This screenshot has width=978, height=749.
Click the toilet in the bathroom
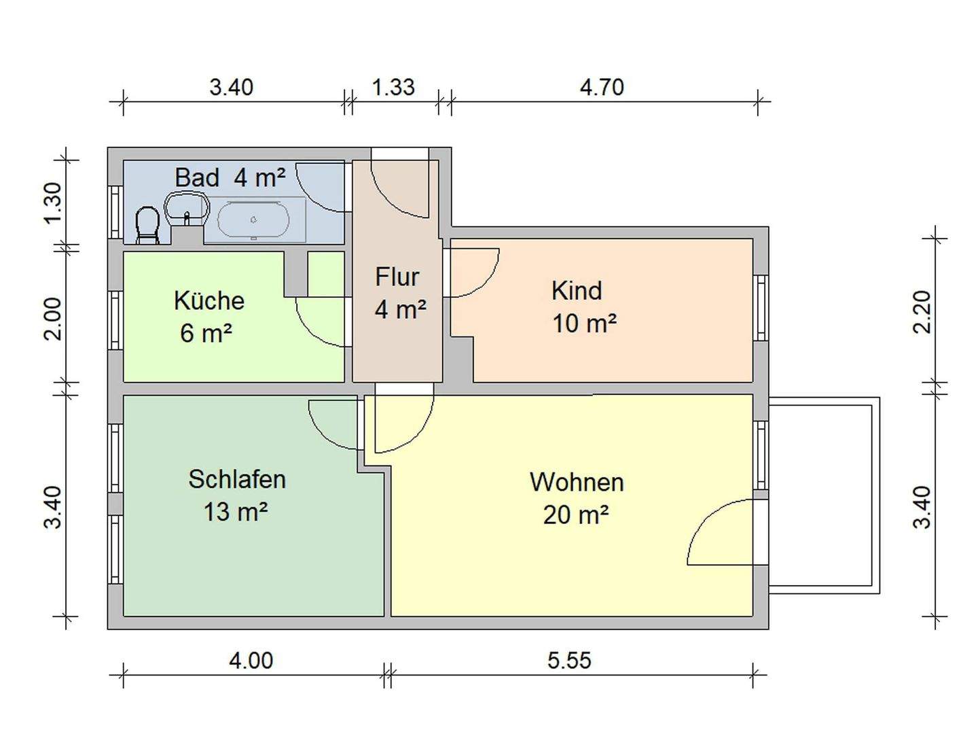tap(147, 225)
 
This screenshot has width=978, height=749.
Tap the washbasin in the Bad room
tap(185, 207)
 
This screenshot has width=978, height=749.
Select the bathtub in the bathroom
tap(253, 220)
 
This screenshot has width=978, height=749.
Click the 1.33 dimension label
tap(393, 88)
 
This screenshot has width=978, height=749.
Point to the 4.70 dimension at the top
tap(602, 88)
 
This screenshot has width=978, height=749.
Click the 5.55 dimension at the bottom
tap(569, 660)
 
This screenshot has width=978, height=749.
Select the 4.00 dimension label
tap(251, 660)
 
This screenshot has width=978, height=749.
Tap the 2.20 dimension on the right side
tap(922, 311)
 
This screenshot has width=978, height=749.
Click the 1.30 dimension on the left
tap(53, 203)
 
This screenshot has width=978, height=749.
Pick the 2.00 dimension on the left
tap(53, 318)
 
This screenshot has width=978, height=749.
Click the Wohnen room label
tap(577, 482)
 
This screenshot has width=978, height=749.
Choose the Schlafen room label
tap(236, 479)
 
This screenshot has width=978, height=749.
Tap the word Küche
tap(209, 300)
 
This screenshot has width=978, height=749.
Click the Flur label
tap(397, 277)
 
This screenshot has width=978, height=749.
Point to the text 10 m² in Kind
tap(584, 323)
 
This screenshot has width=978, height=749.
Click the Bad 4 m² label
tap(230, 177)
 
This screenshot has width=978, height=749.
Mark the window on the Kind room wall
tap(761, 308)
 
